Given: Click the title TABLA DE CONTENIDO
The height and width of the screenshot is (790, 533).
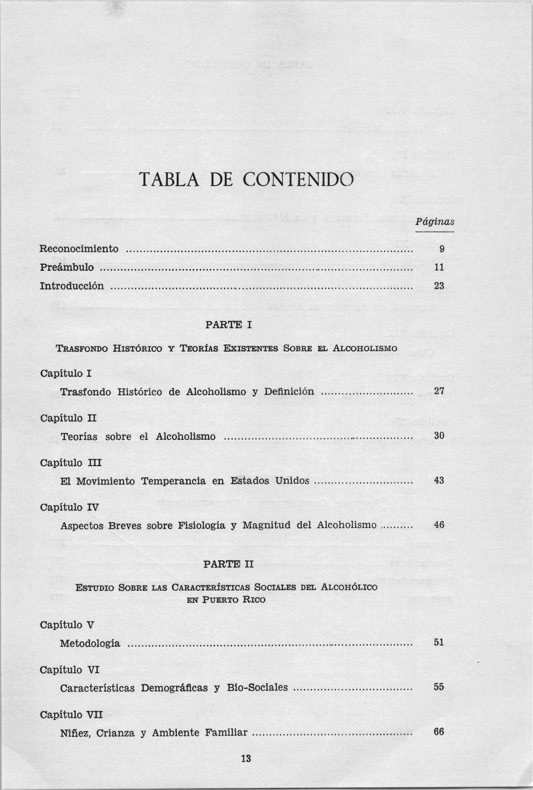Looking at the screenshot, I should point(247,180).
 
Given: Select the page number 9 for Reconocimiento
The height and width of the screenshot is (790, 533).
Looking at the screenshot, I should point(441,249).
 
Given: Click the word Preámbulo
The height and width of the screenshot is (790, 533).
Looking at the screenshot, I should point(67,268).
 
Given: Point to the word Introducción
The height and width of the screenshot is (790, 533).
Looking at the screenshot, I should point(72,286).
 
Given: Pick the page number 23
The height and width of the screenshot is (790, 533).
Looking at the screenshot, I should point(439,286).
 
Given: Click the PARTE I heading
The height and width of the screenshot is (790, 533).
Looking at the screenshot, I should point(229,325).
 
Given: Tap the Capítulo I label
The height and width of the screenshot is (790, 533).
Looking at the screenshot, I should point(66,374).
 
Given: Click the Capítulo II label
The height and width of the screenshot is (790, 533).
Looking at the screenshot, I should point(68,418).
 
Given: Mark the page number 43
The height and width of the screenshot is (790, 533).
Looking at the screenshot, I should point(439,480).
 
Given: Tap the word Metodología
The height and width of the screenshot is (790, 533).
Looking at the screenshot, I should point(90,643).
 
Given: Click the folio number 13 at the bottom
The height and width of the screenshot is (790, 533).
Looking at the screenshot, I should point(246,758).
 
